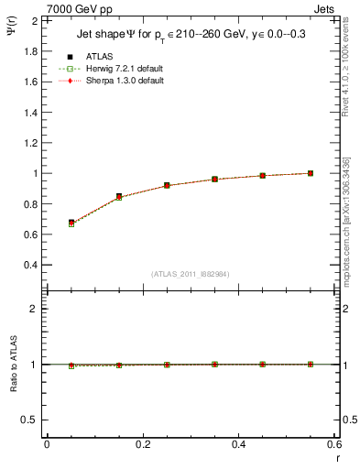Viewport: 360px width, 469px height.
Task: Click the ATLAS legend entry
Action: (x=99, y=56)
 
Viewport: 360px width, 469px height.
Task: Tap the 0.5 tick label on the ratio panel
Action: (x=28, y=420)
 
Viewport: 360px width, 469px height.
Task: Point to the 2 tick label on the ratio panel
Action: (x=33, y=309)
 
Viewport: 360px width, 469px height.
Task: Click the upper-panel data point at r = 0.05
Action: (x=71, y=223)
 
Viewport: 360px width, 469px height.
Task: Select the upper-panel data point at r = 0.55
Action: (x=311, y=173)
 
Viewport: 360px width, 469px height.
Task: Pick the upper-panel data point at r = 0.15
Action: (x=119, y=197)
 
